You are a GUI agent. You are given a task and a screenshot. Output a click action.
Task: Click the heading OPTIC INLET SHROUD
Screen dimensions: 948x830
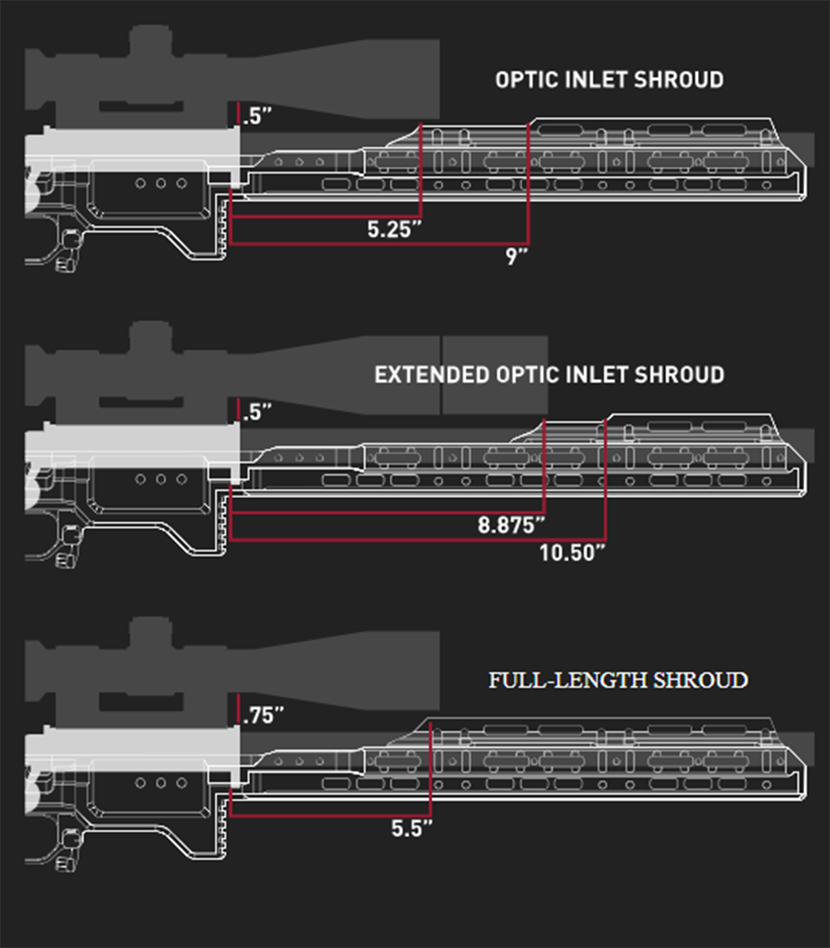609,80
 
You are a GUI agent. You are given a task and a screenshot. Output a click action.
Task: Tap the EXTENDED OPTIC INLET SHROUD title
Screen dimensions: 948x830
549,374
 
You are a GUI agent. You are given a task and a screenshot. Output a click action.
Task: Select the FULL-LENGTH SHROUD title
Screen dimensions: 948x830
618,681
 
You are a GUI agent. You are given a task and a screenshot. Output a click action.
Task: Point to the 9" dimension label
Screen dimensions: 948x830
516,257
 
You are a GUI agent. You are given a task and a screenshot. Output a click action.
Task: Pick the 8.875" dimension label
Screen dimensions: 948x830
511,525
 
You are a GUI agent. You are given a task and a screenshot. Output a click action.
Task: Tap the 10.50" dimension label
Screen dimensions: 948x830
572,552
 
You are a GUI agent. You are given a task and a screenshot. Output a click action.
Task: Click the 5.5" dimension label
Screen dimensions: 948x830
412,828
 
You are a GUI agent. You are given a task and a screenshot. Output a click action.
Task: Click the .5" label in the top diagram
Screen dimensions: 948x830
257,116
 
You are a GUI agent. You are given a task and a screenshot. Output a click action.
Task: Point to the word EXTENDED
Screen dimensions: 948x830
432,374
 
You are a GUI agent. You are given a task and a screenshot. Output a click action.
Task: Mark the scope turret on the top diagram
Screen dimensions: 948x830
149,40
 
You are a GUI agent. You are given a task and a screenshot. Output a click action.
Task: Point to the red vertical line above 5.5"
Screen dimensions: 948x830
431,768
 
